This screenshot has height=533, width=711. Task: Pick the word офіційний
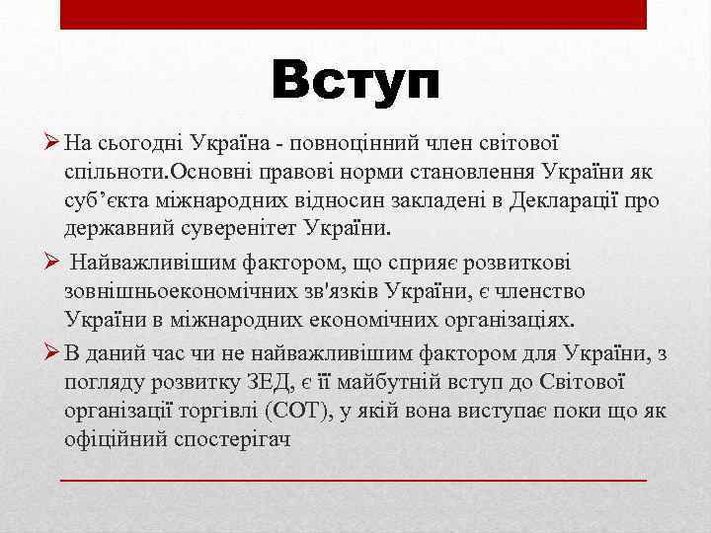(x=112, y=437)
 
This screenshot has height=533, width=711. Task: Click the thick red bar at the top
(x=354, y=14)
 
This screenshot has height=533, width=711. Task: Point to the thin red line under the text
(x=354, y=479)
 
